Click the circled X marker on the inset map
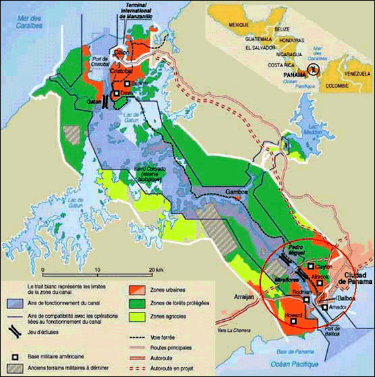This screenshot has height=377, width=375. coord(312,68)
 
